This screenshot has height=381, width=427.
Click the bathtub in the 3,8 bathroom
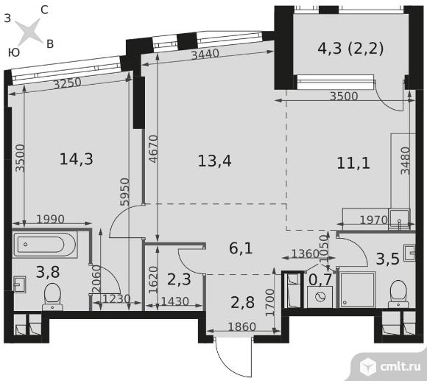45,245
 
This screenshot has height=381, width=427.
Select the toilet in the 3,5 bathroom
398,294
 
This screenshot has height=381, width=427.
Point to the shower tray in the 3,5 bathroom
357,290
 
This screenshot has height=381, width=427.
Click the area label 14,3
77,159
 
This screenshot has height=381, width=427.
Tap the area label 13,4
214,161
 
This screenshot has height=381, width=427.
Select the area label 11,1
353,164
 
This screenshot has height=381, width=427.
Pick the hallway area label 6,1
241,248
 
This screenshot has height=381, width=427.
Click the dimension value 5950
124,192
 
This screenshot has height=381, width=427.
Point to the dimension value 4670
154,149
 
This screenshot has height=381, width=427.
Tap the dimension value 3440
205,54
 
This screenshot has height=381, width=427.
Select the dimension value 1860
241,326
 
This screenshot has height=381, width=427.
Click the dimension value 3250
67,83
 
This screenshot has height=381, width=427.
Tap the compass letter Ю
14,52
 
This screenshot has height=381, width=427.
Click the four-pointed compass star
29,32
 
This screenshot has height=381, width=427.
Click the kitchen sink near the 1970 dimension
399,219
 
